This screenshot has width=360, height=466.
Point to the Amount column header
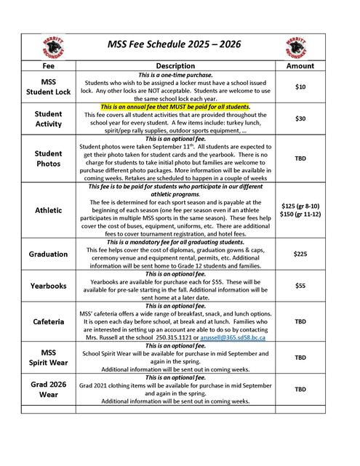coord(300,65)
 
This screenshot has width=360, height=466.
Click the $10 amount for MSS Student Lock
coord(300,87)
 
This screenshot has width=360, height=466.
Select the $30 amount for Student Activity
coord(300,118)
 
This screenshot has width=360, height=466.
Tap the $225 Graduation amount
coord(300,254)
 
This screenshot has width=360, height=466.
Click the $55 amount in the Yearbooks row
coord(300,286)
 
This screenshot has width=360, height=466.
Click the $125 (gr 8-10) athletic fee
coord(300,206)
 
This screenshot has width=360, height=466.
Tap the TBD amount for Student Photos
coord(300,158)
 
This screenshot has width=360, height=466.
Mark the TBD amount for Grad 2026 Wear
coord(300,389)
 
